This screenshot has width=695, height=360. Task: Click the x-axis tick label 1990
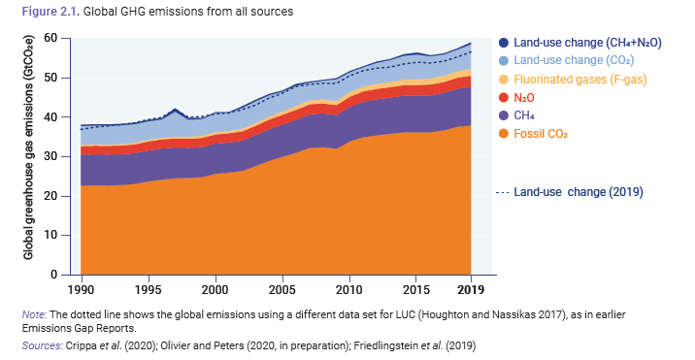coord(81,290)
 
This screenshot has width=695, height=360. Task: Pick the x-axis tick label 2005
coord(282,290)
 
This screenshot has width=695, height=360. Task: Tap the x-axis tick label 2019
coord(471,290)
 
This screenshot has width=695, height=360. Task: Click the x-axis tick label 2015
coord(416,290)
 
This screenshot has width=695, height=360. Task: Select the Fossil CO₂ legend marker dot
coord(502,133)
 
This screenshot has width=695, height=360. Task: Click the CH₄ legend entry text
coord(524,115)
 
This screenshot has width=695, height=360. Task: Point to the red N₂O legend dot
coord(502,97)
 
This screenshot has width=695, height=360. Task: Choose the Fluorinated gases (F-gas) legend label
coord(579,79)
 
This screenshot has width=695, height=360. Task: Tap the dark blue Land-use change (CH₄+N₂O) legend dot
coord(502,43)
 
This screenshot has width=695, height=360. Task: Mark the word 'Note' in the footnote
coord(34,313)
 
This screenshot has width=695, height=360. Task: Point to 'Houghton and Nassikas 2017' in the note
coord(482,313)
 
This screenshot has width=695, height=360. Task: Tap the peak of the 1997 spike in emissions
coord(175,110)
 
